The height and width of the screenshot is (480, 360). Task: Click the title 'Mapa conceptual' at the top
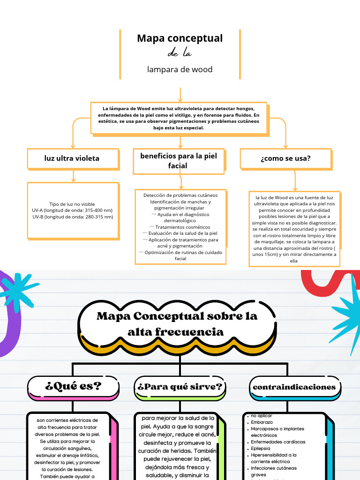pyautogui.click(x=180, y=38)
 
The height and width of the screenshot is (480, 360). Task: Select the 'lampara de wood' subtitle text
pyautogui.click(x=180, y=69)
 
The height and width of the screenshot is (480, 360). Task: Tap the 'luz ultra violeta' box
pyautogui.click(x=72, y=158)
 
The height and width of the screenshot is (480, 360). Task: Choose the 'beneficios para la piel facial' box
pyautogui.click(x=179, y=160)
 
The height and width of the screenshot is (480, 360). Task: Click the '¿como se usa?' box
pyautogui.click(x=285, y=158)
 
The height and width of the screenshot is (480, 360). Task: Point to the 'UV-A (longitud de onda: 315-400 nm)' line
pyautogui.click(x=72, y=210)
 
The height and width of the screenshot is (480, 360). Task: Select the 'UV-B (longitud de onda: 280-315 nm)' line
pyautogui.click(x=73, y=217)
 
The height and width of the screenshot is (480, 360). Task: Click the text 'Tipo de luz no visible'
pyautogui.click(x=72, y=204)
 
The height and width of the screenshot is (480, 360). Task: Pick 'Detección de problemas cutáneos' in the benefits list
pyautogui.click(x=180, y=195)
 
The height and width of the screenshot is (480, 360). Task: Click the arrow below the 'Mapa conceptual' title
pyautogui.click(x=180, y=94)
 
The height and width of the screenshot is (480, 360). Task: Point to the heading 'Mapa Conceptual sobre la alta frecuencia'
pyautogui.click(x=177, y=323)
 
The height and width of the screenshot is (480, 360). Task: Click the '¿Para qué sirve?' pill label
pyautogui.click(x=180, y=387)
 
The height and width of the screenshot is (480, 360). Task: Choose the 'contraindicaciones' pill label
pyautogui.click(x=294, y=387)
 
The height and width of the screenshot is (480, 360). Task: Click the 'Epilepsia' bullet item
pyautogui.click(x=261, y=448)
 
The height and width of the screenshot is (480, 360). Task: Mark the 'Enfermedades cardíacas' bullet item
pyautogui.click(x=278, y=442)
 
